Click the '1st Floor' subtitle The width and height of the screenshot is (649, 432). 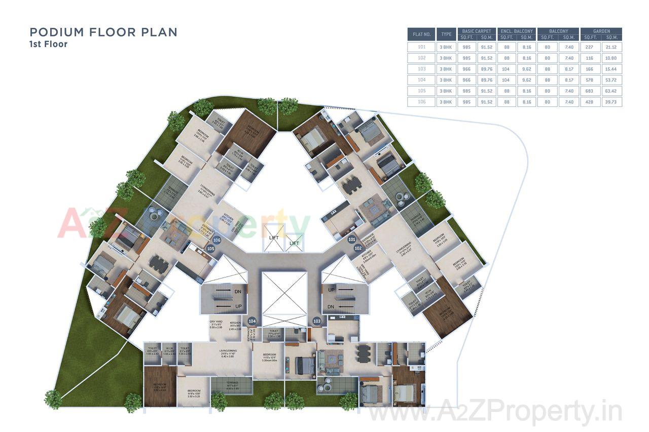[48, 44]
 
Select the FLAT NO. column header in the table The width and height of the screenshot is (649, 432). [421, 34]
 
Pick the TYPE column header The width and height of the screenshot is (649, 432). [446, 34]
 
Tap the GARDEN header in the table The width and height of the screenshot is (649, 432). [601, 31]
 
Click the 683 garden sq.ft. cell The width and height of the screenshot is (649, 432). [590, 91]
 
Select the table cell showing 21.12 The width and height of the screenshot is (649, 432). [611, 47]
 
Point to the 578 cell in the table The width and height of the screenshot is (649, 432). [590, 80]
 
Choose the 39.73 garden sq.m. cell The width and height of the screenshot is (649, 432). [611, 102]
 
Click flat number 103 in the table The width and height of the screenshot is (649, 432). [421, 69]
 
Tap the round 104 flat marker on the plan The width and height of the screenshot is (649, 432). [252, 321]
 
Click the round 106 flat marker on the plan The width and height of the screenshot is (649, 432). [217, 240]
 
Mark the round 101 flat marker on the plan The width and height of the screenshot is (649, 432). [351, 239]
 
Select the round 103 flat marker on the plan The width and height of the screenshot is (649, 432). [317, 321]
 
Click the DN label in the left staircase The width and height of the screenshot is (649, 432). [238, 292]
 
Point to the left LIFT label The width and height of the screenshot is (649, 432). [274, 237]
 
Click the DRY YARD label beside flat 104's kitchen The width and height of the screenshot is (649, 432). [217, 324]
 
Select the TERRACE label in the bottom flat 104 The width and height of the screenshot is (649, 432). [231, 386]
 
